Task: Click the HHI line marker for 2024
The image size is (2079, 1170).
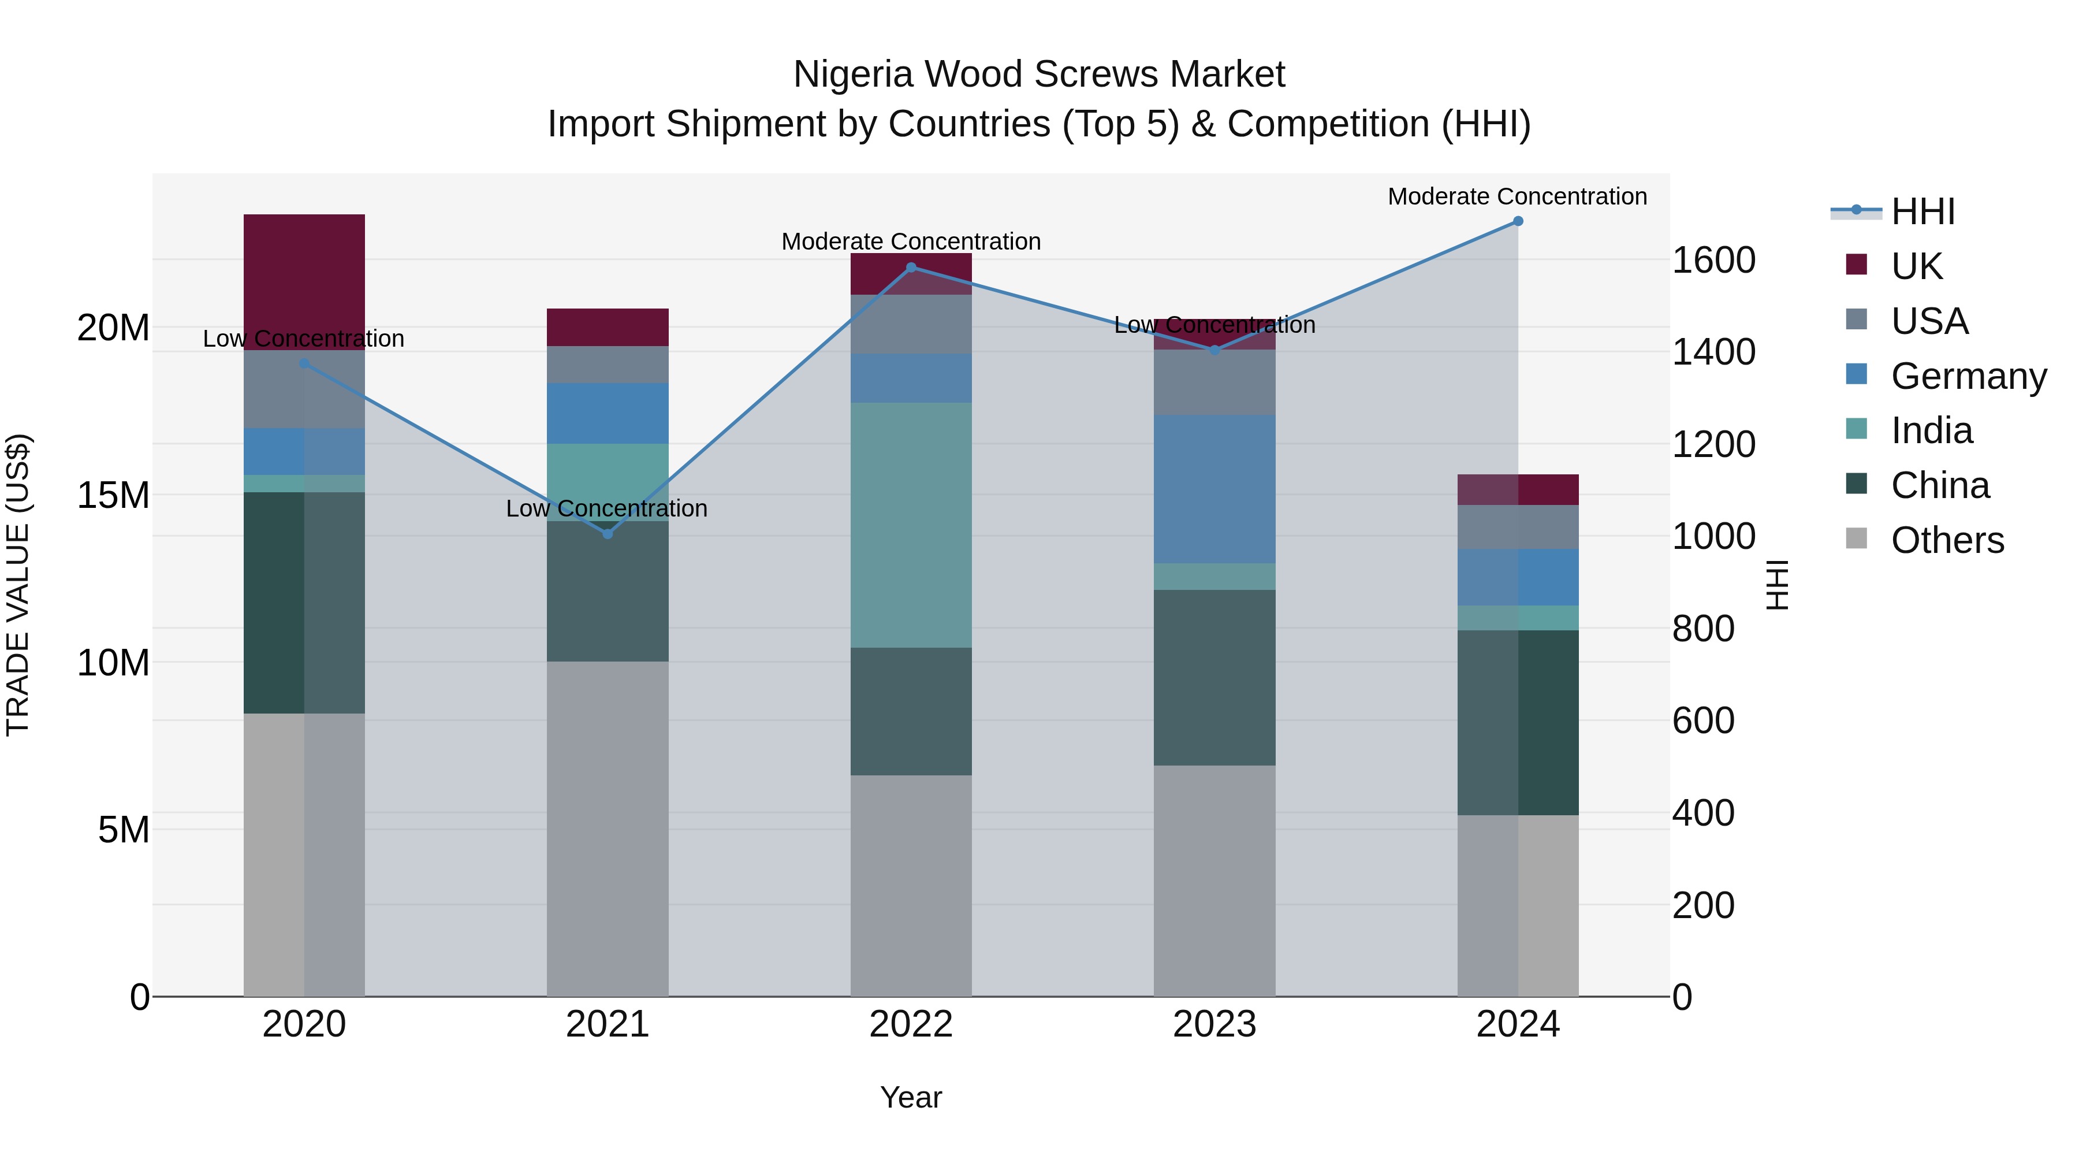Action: (1517, 221)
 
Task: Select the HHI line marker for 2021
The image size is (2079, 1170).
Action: (608, 534)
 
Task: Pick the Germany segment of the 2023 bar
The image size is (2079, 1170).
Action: (1214, 489)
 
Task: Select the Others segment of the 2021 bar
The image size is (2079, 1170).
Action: (608, 829)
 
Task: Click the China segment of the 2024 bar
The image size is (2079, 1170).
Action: (1517, 723)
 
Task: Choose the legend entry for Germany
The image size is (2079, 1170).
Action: (1968, 376)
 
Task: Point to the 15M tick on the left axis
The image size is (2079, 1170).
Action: (113, 495)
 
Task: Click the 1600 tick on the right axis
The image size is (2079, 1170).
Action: (1713, 260)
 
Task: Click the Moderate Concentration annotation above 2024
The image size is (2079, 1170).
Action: (1517, 196)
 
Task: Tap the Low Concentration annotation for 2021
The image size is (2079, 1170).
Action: (607, 508)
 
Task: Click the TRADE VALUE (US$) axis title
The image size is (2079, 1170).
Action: (18, 585)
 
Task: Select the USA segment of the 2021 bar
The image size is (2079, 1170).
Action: (608, 364)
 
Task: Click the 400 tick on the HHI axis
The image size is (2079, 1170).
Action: (1703, 813)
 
